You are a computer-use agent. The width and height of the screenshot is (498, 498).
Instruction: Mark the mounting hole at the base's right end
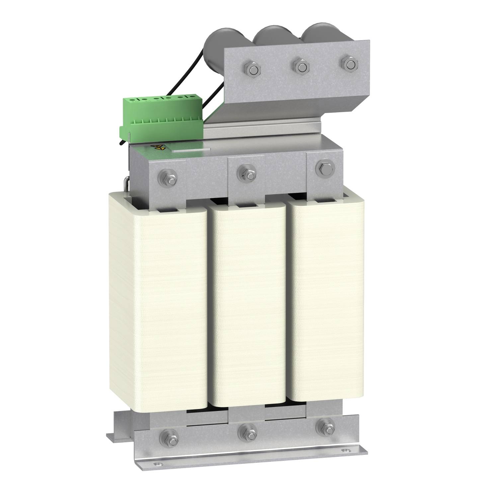click(x=347, y=451)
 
